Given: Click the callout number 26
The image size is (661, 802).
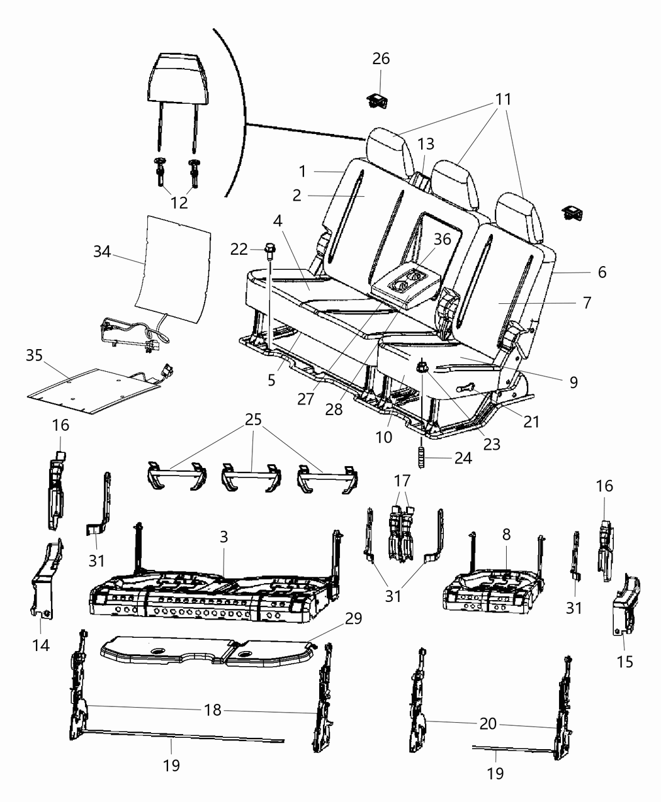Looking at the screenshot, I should coord(381,58).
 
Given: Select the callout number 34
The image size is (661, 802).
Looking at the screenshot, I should coord(102,252).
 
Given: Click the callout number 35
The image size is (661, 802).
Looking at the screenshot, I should coord(35,355).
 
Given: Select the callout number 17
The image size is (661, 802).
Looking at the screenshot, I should coord(402,481).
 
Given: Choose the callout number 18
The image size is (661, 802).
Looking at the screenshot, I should coord(213,710).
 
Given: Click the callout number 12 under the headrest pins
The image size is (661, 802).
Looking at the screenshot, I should coord(179,203).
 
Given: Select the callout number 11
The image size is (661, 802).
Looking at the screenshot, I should coord(502,99).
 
